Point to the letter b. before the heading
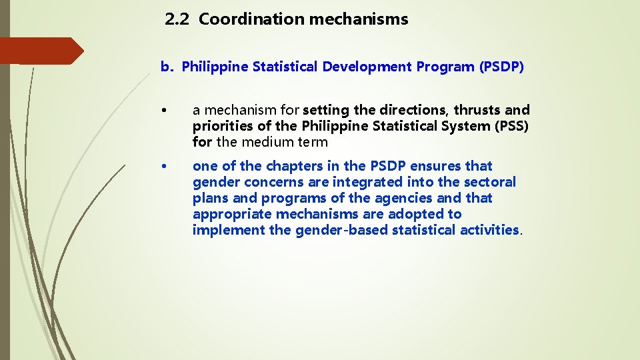pos(167,67)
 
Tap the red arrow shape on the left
pos(40,51)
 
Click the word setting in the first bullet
pos(326,110)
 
